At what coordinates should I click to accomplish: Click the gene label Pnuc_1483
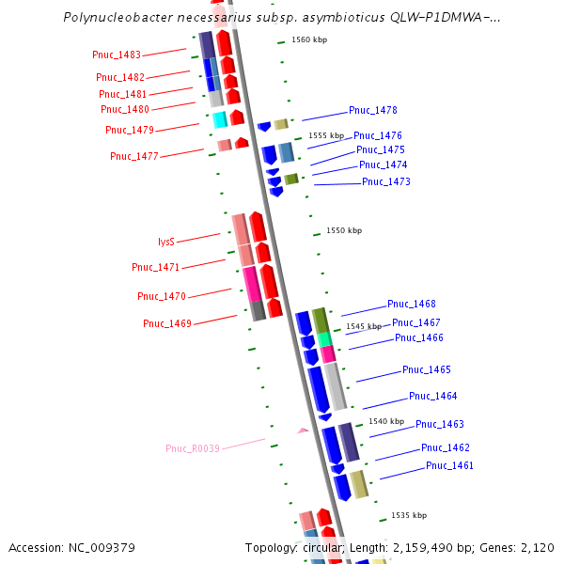118,56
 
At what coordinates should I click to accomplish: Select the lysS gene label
165,242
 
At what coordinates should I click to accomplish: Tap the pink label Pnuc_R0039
193,448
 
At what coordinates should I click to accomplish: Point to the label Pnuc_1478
372,110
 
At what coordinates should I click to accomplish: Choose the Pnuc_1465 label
427,369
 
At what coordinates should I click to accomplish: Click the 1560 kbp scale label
309,39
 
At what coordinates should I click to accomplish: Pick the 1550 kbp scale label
343,230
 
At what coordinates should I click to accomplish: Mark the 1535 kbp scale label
408,515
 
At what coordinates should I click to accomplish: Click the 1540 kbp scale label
385,421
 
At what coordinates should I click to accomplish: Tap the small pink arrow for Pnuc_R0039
303,431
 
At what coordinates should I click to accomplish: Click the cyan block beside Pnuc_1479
220,119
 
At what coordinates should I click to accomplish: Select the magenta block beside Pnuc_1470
251,284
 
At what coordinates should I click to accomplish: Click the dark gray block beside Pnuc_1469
258,310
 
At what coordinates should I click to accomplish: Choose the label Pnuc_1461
449,465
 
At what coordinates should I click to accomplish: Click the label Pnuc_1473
385,181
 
